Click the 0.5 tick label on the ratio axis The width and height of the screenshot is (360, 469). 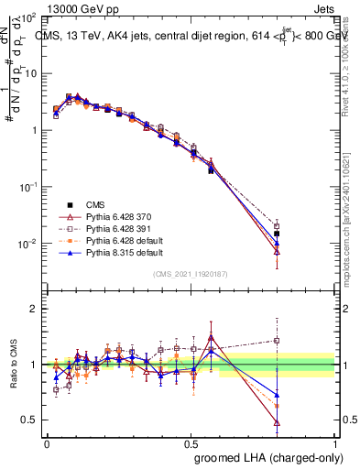[x=30, y=420]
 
